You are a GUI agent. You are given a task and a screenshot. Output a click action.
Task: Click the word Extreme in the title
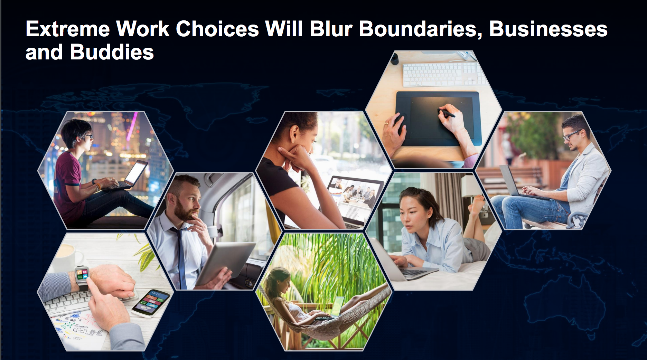click(68, 29)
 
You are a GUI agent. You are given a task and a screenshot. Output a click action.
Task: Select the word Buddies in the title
click(112, 52)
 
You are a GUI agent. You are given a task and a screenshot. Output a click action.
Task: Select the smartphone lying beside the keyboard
click(151, 303)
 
